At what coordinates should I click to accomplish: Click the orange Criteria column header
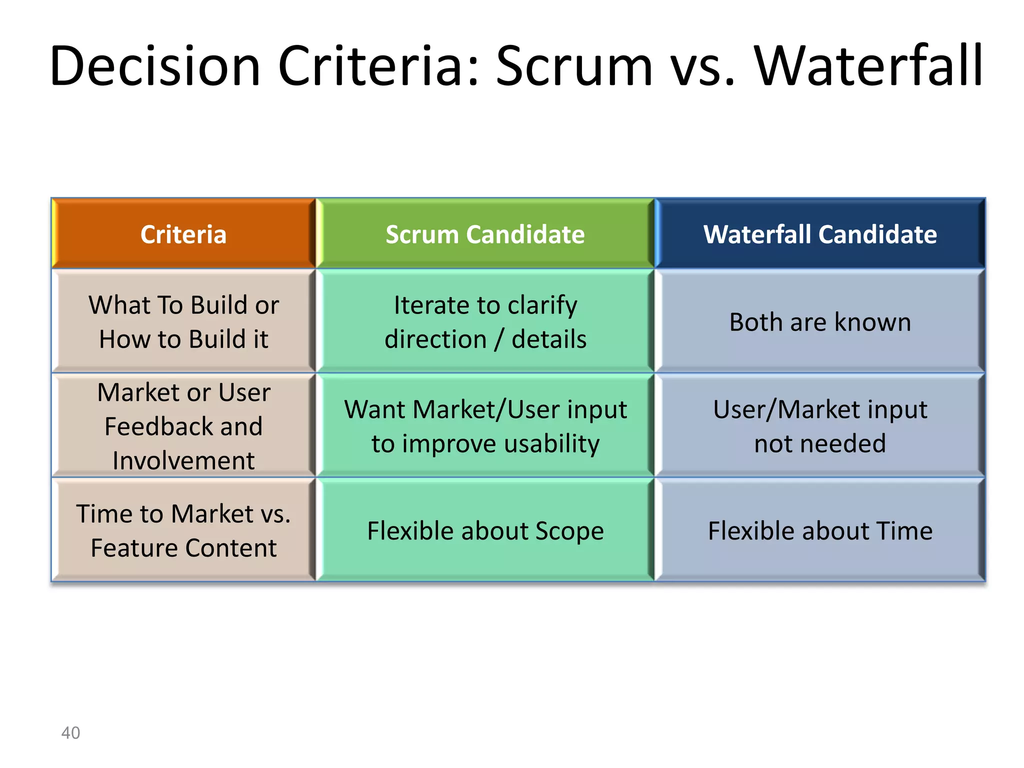183,234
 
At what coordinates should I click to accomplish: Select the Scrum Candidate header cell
485,234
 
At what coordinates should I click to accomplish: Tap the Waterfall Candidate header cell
820,234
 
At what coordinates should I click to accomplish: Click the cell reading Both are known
820,322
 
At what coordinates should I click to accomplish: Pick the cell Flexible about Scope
485,530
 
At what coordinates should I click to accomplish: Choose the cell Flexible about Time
820,530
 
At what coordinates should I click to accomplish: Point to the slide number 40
70,732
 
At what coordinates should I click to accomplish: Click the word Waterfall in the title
869,66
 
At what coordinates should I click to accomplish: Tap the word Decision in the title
155,66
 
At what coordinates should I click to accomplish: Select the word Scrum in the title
574,66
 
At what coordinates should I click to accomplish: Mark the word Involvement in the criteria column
183,460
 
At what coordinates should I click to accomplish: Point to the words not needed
820,444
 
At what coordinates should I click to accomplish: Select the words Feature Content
183,548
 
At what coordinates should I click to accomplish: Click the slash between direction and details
499,339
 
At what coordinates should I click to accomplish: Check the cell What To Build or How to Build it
183,322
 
